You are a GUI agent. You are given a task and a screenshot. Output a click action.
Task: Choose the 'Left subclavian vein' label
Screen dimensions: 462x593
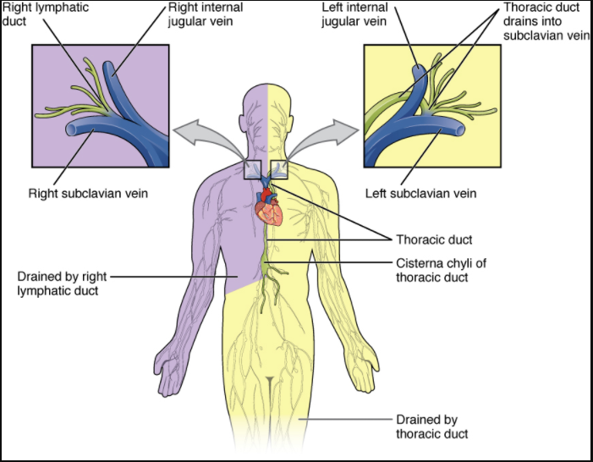coord(420,194)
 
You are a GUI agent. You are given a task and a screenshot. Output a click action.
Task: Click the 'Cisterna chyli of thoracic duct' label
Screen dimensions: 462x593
coord(441,270)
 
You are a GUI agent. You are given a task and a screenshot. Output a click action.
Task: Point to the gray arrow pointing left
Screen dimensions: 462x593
coord(203,132)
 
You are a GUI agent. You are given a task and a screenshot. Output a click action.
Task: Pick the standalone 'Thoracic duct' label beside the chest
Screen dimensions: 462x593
coord(434,239)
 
